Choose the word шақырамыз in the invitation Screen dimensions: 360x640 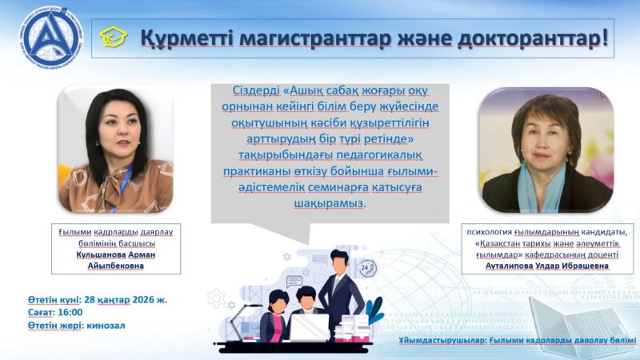[330, 203]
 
